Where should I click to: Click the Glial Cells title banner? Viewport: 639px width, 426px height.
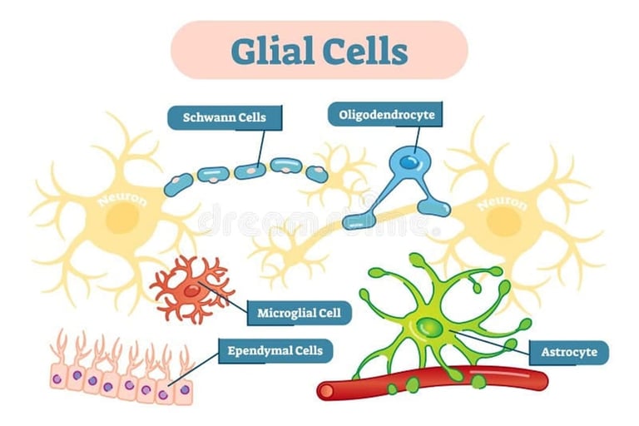[x=319, y=50]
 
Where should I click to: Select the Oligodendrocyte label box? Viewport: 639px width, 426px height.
[x=385, y=114]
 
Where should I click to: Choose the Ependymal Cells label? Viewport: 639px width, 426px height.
[x=275, y=350]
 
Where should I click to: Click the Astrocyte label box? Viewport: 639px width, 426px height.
[x=569, y=352]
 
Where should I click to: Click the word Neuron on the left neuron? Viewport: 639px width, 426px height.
[x=122, y=200]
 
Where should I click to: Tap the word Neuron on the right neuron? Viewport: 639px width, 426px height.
[x=503, y=202]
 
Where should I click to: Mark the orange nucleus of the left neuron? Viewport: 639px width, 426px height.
[x=123, y=219]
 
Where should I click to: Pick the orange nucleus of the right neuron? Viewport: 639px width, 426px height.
[x=503, y=222]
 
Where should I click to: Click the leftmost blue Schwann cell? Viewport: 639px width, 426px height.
[x=178, y=185]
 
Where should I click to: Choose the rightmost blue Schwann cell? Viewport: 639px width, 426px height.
[x=316, y=173]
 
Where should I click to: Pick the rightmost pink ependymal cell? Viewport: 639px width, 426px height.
[x=183, y=389]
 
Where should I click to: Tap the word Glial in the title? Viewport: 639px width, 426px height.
[x=270, y=51]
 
